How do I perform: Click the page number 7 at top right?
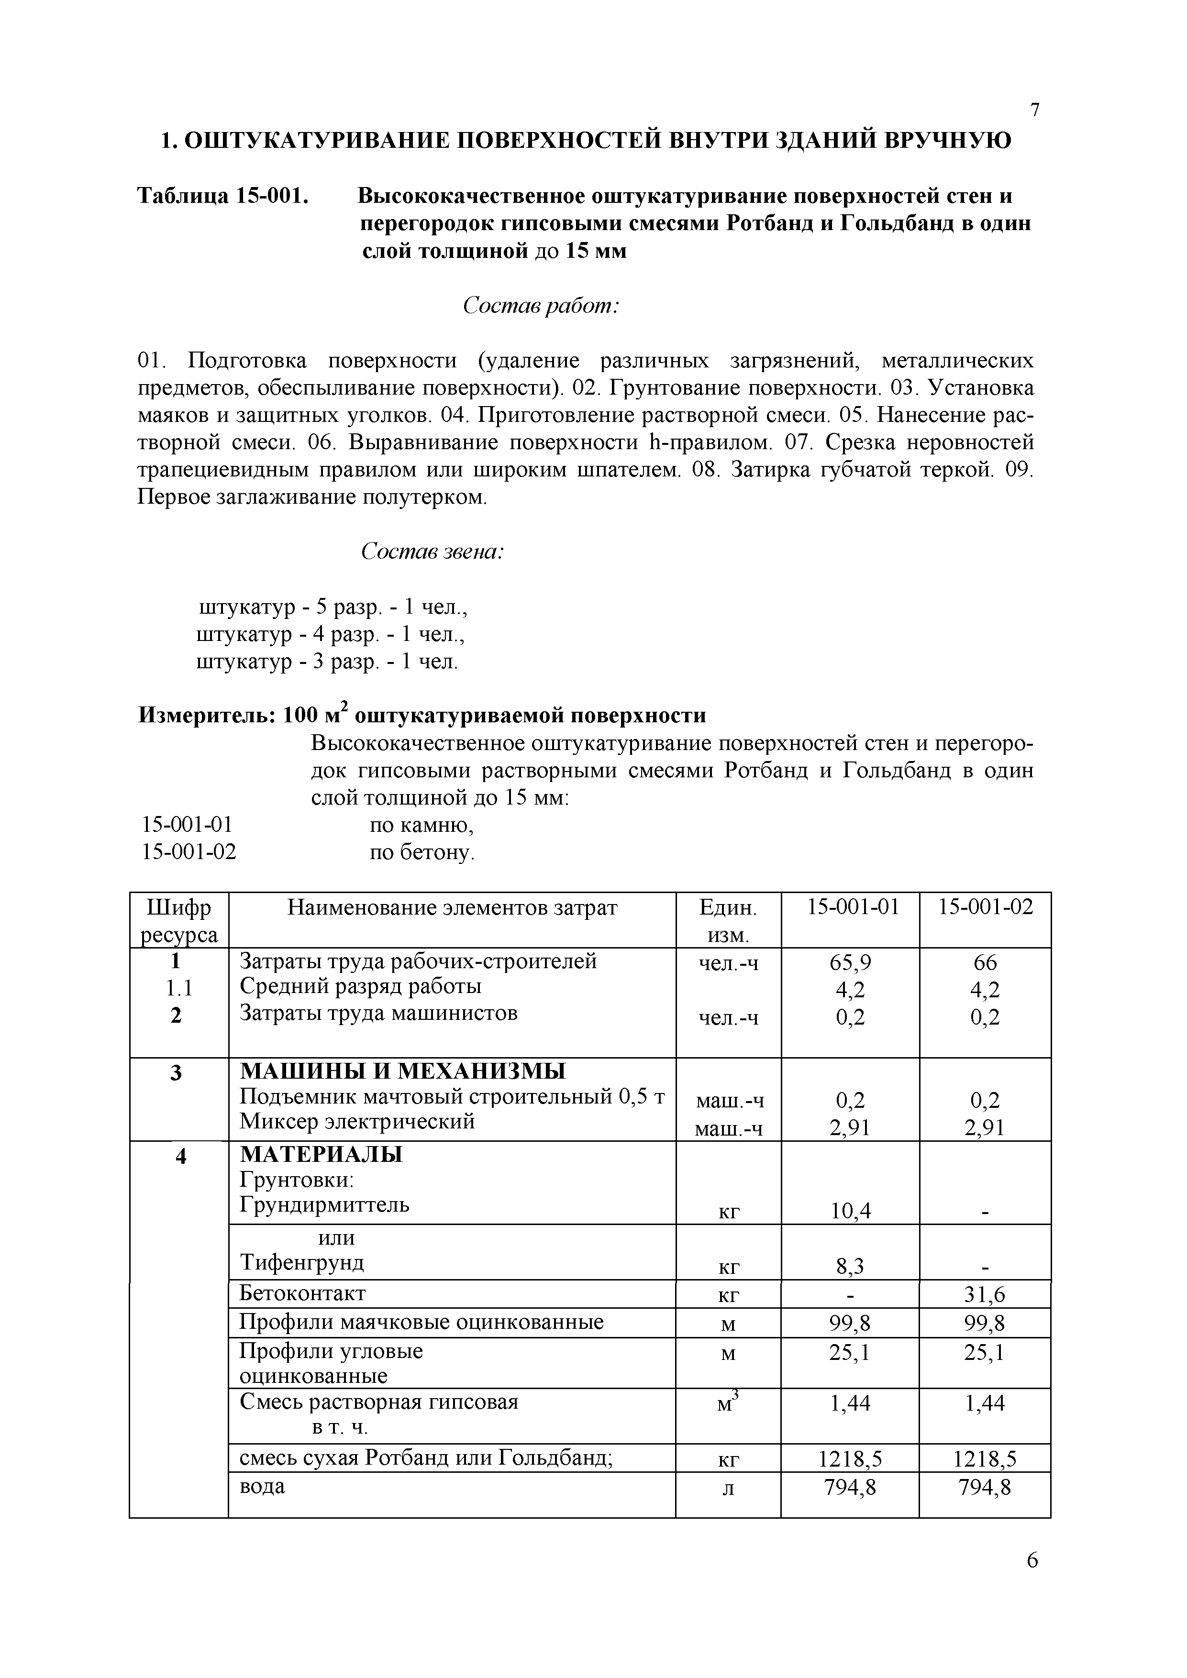coord(1034,110)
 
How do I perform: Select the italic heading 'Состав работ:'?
coord(542,306)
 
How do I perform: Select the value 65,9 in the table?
coord(850,962)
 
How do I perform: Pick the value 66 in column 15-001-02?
coord(985,962)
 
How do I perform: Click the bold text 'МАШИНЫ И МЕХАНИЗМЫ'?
coord(403,1072)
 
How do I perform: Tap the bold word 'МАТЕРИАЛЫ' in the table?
coord(322,1155)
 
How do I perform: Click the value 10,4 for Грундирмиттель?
coord(850,1211)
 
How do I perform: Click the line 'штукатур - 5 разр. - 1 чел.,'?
coord(333,607)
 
